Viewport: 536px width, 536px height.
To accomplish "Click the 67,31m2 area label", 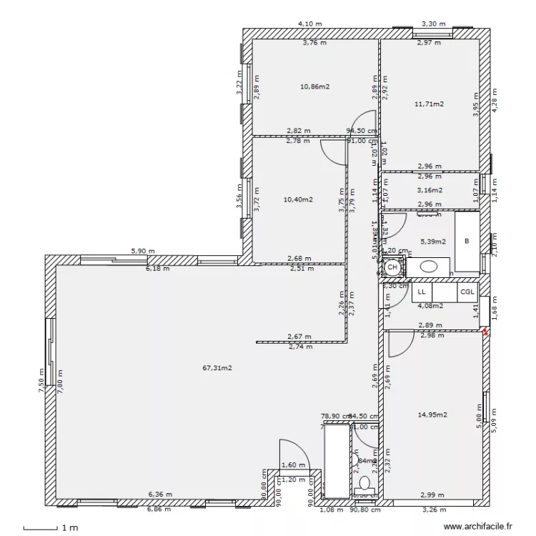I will [217, 369].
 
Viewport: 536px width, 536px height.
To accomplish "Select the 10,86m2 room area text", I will [314, 86].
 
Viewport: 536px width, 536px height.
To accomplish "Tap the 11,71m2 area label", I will [429, 104].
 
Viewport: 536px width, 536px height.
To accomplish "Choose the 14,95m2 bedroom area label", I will [432, 415].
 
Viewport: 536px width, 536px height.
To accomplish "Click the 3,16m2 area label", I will [429, 191].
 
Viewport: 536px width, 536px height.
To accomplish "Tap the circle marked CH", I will [392, 267].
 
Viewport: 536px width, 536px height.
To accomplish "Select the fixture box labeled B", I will [467, 242].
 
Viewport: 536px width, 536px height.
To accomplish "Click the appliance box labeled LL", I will [422, 292].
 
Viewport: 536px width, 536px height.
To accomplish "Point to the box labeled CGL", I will [467, 292].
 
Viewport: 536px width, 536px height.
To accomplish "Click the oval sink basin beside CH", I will [429, 267].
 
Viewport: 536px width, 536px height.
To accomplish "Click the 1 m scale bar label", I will [69, 528].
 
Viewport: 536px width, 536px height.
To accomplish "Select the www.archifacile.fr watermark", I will [478, 527].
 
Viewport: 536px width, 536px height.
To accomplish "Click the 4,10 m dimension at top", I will [309, 24].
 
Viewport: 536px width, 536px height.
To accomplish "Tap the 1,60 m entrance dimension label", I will [292, 465].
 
